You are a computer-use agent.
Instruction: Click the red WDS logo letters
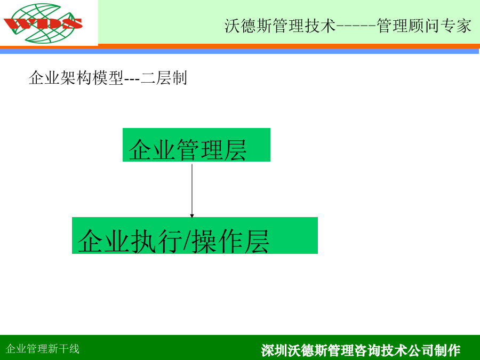click(43, 23)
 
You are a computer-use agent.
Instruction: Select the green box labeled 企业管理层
click(196, 145)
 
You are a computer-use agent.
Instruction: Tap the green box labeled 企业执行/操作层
click(195, 235)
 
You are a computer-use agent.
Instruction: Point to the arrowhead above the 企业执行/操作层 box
click(192, 216)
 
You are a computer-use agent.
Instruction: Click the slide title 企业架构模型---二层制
click(108, 77)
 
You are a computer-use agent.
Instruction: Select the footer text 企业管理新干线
click(43, 349)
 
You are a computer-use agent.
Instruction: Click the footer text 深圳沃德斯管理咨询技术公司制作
click(361, 350)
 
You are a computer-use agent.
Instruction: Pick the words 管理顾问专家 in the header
click(423, 26)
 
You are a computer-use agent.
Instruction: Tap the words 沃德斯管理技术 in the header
click(280, 26)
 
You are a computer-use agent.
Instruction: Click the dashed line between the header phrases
click(356, 26)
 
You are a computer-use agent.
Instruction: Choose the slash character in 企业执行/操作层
click(187, 241)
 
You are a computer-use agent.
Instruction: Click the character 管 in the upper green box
click(188, 149)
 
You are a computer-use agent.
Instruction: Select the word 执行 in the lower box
click(157, 241)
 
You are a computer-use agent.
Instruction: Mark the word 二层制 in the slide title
click(164, 77)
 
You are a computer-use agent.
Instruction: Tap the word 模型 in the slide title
click(108, 77)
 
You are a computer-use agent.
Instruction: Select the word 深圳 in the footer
click(274, 350)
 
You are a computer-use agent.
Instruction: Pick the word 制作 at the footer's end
click(447, 350)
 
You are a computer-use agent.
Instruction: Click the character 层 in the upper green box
click(235, 149)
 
